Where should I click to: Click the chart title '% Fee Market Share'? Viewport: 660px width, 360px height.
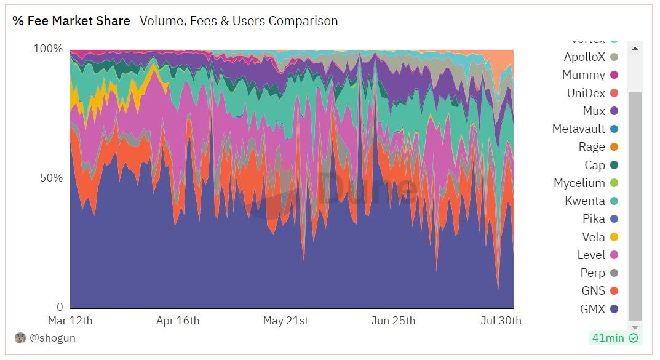[x=71, y=21]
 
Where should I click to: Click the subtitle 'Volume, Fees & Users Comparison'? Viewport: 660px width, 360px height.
[x=239, y=21]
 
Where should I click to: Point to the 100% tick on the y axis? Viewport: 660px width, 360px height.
[x=48, y=49]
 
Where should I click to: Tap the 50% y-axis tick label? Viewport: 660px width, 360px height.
[x=51, y=178]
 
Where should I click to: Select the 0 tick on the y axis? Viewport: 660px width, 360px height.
[x=60, y=307]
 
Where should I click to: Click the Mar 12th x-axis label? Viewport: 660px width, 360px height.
[x=70, y=321]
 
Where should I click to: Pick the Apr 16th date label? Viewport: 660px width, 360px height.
[x=178, y=321]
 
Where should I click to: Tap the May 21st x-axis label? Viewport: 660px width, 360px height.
[x=285, y=321]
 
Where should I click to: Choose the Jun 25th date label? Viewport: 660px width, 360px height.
[x=394, y=321]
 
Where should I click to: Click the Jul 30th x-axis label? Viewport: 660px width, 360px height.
[x=500, y=321]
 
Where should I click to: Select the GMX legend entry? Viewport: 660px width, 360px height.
[x=593, y=309]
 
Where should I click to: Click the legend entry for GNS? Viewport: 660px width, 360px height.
[x=593, y=290]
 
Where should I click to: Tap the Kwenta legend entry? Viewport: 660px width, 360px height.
[x=585, y=201]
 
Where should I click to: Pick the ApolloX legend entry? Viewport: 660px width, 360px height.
[x=584, y=57]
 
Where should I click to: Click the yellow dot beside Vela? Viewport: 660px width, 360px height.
[x=614, y=237]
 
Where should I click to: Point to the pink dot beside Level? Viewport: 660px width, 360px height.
[x=614, y=255]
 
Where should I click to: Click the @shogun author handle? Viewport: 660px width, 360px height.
[x=52, y=338]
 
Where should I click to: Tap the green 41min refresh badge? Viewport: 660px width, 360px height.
[x=614, y=337]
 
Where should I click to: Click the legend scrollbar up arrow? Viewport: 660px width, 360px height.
[x=635, y=49]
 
